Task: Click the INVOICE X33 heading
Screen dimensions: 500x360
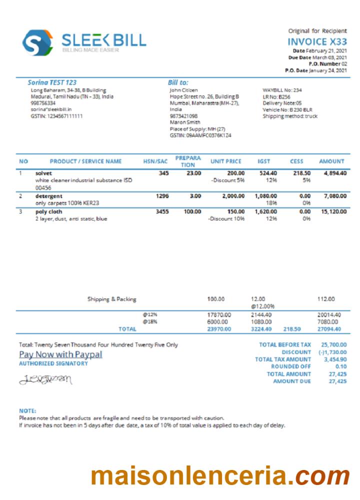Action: pyautogui.click(x=317, y=41)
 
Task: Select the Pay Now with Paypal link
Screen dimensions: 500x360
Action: pyautogui.click(x=60, y=354)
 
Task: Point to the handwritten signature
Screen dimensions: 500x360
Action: pyautogui.click(x=45, y=380)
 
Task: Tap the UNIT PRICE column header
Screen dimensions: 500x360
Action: pyautogui.click(x=225, y=161)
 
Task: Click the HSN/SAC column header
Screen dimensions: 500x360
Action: pyautogui.click(x=155, y=161)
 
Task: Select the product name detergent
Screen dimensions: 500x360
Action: pyautogui.click(x=49, y=196)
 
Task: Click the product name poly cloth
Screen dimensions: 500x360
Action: pyautogui.click(x=48, y=211)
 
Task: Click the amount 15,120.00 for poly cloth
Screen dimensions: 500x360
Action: pyautogui.click(x=332, y=211)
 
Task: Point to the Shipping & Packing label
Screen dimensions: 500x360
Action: pyautogui.click(x=111, y=299)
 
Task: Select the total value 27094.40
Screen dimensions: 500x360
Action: pyautogui.click(x=329, y=329)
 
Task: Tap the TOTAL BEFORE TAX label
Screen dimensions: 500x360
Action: pyautogui.click(x=285, y=344)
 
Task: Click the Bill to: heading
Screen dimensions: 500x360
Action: pyautogui.click(x=178, y=82)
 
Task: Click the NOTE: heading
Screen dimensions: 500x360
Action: pyautogui.click(x=27, y=410)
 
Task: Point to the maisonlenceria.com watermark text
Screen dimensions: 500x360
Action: pyautogui.click(x=220, y=475)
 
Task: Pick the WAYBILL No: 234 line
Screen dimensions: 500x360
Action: pyautogui.click(x=281, y=90)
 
